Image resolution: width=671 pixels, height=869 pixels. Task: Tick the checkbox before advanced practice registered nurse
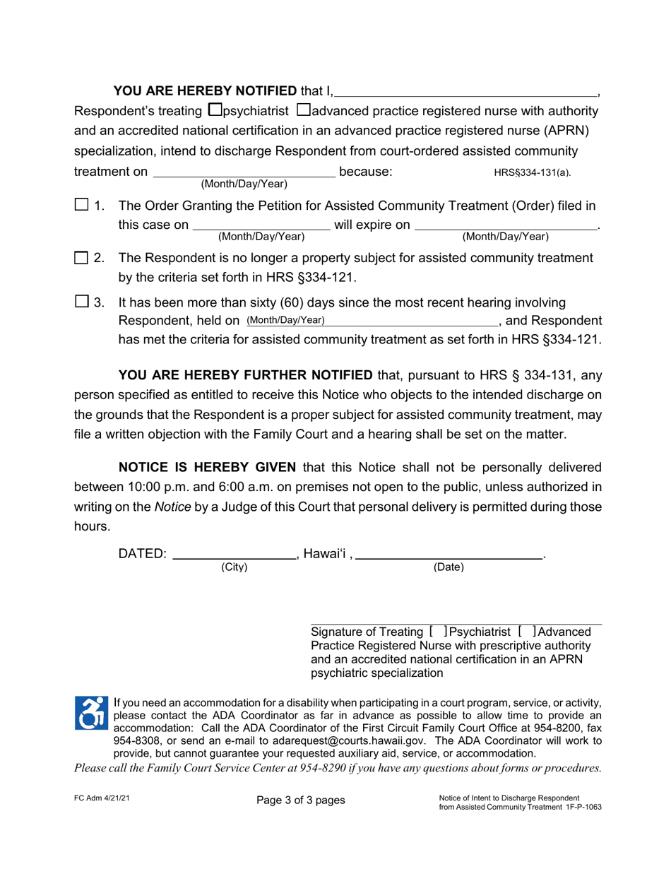pos(304,110)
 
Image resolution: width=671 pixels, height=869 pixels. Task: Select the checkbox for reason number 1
pos(81,205)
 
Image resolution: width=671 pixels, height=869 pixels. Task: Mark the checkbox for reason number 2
pos(81,258)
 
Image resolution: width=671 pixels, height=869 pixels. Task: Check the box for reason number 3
pos(81,302)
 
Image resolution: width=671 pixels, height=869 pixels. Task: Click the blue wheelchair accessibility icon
pos(91,713)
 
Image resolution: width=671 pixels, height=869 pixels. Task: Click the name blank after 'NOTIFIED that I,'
pos(466,90)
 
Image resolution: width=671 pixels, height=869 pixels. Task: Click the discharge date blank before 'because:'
pos(244,172)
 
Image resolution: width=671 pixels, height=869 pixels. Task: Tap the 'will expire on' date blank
pos(505,225)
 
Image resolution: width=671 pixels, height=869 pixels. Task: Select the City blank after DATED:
pos(234,554)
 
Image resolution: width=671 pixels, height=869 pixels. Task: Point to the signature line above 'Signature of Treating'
pos(456,623)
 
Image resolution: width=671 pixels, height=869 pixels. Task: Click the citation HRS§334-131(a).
pos(532,172)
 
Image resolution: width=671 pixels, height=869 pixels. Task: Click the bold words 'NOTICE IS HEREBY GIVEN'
pos(210,467)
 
